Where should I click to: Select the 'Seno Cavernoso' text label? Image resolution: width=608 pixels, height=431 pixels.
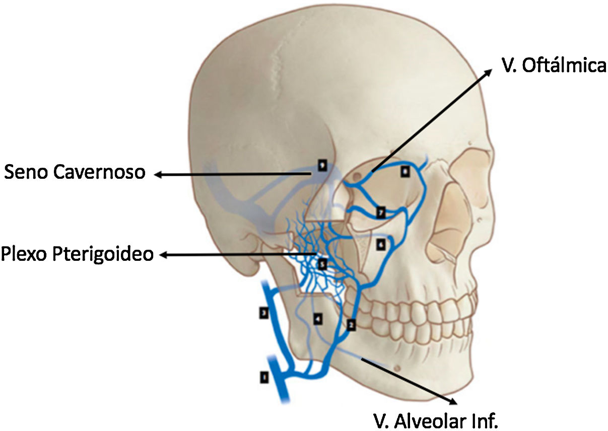pyautogui.click(x=75, y=173)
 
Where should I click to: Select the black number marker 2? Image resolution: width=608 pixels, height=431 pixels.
pyautogui.click(x=351, y=325)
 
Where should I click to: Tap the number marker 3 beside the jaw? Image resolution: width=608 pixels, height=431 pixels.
pyautogui.click(x=263, y=313)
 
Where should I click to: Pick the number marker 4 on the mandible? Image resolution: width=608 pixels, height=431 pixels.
pyautogui.click(x=317, y=319)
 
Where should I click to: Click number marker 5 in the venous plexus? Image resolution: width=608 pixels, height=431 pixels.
pyautogui.click(x=323, y=263)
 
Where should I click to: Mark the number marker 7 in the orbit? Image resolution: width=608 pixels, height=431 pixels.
pyautogui.click(x=381, y=213)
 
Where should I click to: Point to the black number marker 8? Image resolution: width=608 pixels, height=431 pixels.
pyautogui.click(x=404, y=172)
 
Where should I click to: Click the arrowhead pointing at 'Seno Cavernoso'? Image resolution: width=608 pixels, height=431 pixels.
pyautogui.click(x=158, y=175)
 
